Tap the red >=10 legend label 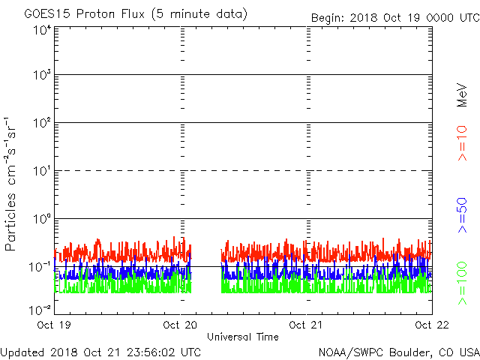[463, 143]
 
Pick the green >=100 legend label [463, 283]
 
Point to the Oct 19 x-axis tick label [54, 325]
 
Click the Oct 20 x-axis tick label [180, 325]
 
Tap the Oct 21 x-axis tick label [306, 325]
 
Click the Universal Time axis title [243, 337]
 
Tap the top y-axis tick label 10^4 [41, 30]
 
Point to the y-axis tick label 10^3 [41, 75]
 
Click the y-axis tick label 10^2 [41, 123]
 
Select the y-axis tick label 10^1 [41, 171]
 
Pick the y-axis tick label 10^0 [41, 219]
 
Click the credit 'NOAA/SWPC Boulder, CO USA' [398, 352]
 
